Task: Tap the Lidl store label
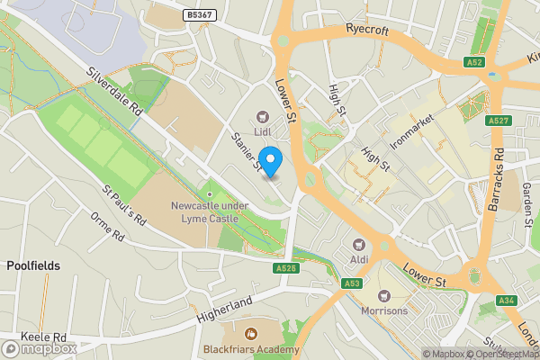(263, 131)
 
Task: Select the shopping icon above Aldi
(359, 245)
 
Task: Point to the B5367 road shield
(199, 15)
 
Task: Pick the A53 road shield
(352, 283)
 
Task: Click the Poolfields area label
(33, 265)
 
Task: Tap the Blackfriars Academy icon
(251, 333)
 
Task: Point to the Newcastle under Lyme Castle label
(210, 211)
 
